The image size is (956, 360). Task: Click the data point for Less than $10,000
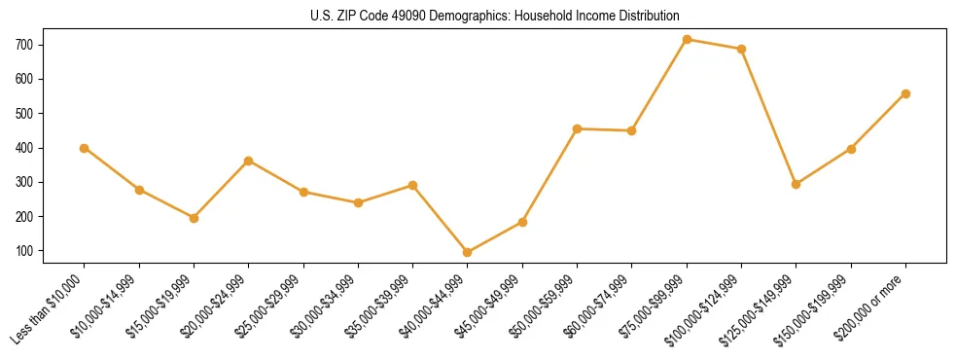pos(85,148)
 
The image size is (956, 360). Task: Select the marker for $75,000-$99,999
pos(687,40)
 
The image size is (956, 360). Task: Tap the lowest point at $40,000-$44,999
pos(468,252)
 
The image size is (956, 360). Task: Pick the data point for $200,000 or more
pos(905,94)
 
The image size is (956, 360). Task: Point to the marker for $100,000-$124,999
pos(741,49)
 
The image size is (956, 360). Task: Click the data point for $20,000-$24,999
pos(249,161)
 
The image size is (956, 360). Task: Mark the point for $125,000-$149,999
pos(797,184)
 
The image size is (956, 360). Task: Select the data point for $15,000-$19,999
pos(194,218)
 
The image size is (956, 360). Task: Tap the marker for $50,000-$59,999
pos(578,128)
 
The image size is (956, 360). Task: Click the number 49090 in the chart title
pos(384,17)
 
